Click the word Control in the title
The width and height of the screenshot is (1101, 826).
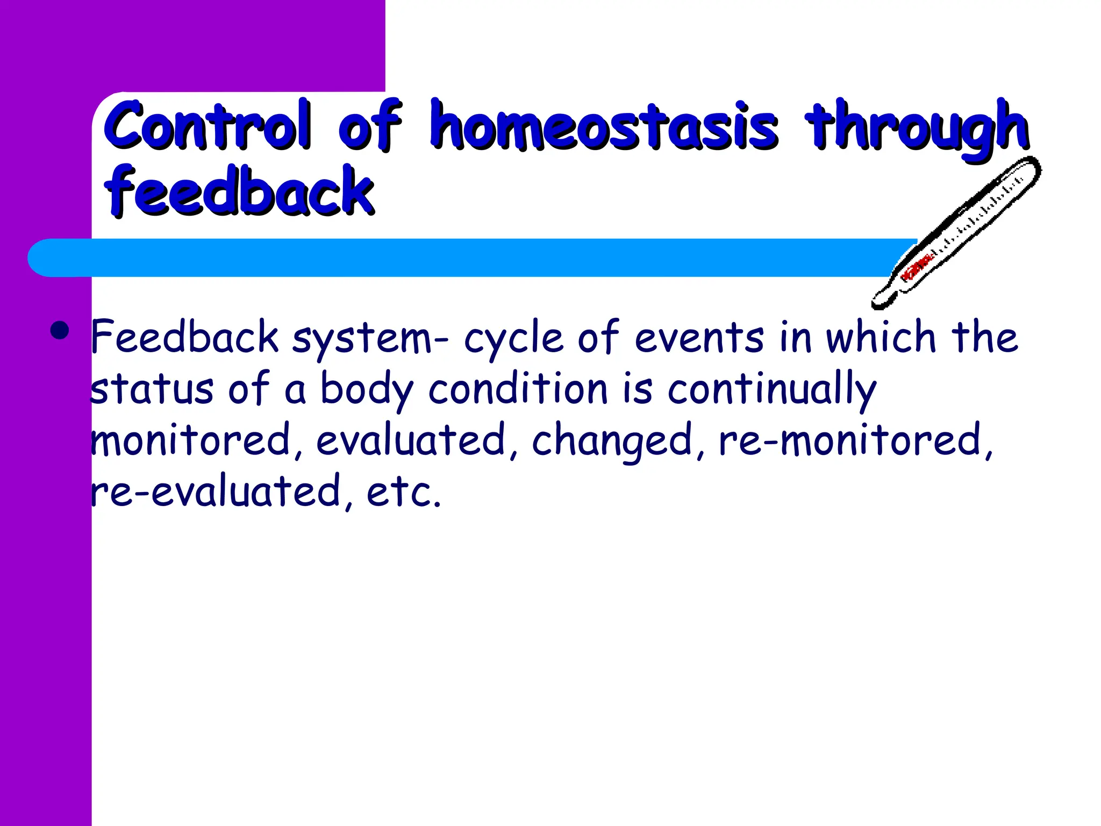click(208, 126)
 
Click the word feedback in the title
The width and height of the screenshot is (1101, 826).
click(239, 191)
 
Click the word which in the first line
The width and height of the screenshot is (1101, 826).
click(882, 338)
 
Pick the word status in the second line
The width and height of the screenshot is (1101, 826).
click(152, 390)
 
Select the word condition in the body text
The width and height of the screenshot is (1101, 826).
click(518, 389)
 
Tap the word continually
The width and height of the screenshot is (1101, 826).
click(772, 390)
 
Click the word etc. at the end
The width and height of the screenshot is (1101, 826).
click(404, 492)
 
